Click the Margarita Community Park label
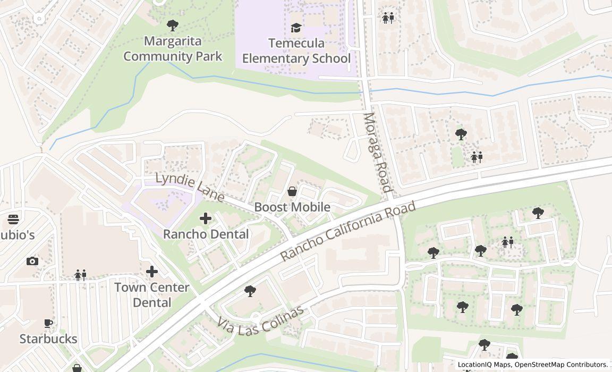click(173, 48)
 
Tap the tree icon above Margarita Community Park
click(172, 25)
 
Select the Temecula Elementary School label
click(296, 50)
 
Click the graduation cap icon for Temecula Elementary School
click(296, 28)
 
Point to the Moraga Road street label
click(378, 153)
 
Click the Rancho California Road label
click(347, 231)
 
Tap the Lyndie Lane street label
click(190, 187)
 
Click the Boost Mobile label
click(292, 207)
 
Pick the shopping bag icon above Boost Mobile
click(292, 191)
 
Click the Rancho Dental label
click(206, 234)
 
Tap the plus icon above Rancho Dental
click(206, 218)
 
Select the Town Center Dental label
click(152, 295)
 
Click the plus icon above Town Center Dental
click(152, 272)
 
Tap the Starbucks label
click(48, 339)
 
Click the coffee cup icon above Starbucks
click(48, 323)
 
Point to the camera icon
click(32, 261)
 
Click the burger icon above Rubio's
click(13, 219)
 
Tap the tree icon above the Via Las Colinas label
click(250, 291)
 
